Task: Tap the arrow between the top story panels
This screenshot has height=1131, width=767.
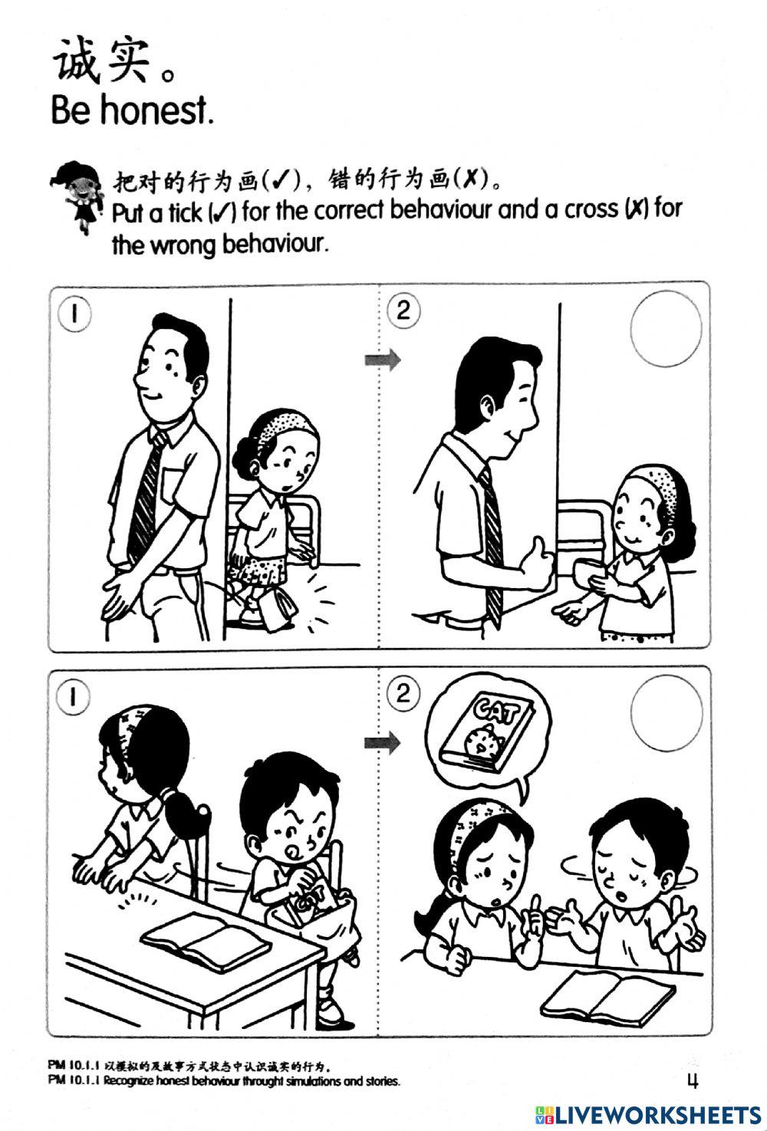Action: pyautogui.click(x=381, y=360)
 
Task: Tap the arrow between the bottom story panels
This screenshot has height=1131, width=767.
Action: pyautogui.click(x=381, y=741)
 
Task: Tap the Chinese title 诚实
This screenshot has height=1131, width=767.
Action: pyautogui.click(x=100, y=61)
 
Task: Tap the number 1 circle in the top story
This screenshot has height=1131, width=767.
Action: pyautogui.click(x=74, y=314)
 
